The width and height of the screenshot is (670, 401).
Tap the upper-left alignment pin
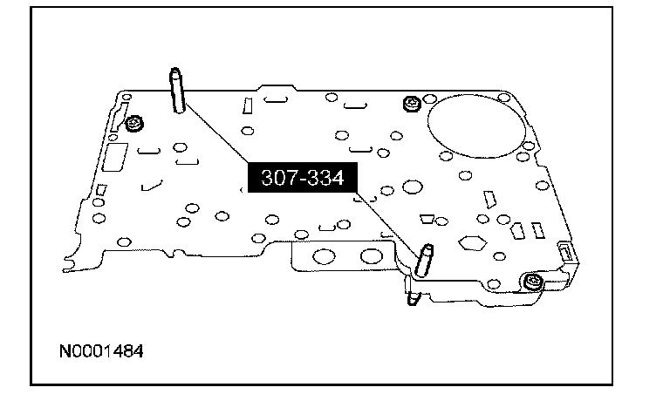pos(178,91)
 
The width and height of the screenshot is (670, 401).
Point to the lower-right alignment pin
pos(425,260)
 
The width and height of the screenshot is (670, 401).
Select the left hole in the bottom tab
pos(324,256)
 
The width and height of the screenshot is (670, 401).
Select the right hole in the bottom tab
pos(373,256)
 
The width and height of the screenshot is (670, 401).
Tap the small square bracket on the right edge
pos(563,254)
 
